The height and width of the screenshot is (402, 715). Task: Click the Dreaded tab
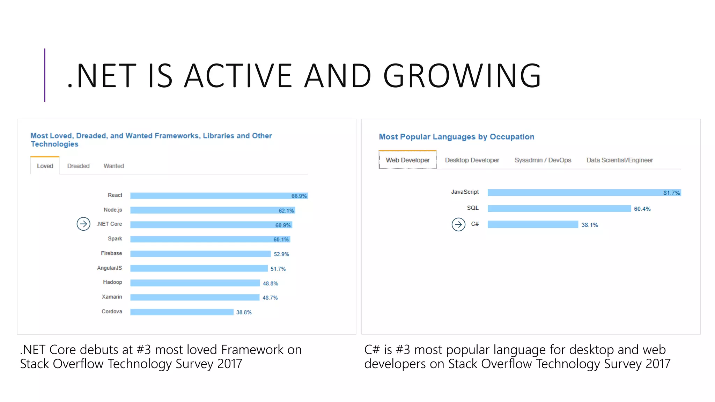coord(78,166)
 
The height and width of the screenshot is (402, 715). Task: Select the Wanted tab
coord(113,166)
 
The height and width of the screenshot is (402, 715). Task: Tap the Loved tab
coord(45,166)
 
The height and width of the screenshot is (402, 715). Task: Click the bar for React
coord(209,196)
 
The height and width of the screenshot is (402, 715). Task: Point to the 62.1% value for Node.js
coord(286,211)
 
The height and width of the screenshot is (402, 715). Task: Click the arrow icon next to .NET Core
coord(83,224)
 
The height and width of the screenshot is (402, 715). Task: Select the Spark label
coord(115,239)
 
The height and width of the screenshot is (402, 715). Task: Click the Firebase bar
coord(200,254)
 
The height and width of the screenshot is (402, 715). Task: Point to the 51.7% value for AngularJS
coord(278,269)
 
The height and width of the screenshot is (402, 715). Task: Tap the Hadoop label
coord(112,282)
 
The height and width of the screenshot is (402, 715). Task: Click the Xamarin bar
coord(195,297)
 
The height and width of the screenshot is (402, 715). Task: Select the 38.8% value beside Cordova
coord(244,312)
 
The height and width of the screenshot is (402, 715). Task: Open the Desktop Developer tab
coord(472,160)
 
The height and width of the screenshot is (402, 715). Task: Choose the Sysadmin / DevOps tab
coord(543,160)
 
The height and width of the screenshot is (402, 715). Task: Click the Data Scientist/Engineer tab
coord(619,160)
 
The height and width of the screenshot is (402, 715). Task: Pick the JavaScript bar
coord(573,193)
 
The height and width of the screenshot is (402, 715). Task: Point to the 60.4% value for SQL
coord(642,209)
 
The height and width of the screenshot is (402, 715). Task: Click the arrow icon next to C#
coord(458,224)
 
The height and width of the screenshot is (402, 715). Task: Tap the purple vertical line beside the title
coord(45,75)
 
